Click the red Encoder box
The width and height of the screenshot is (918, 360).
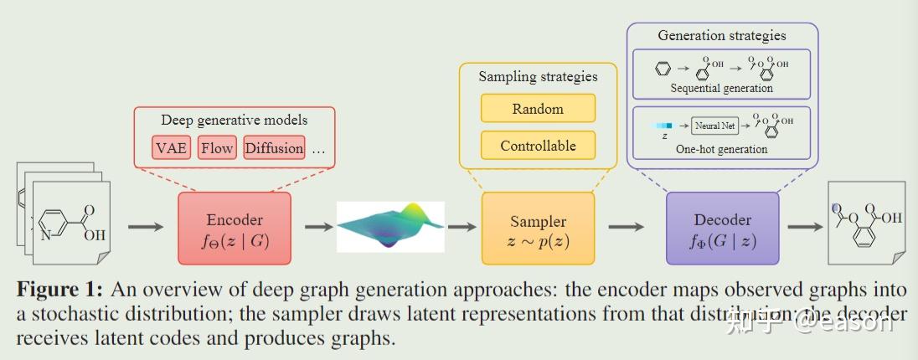pyautogui.click(x=235, y=229)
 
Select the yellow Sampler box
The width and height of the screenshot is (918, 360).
pyautogui.click(x=538, y=229)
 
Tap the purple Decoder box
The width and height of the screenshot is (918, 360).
pyautogui.click(x=722, y=229)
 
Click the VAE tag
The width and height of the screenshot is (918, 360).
pyautogui.click(x=172, y=148)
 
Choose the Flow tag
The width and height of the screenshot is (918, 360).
pyautogui.click(x=217, y=148)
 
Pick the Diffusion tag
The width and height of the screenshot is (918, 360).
pyautogui.click(x=274, y=148)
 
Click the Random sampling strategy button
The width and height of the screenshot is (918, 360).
pyautogui.click(x=538, y=109)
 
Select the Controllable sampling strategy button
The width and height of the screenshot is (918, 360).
pyautogui.click(x=538, y=146)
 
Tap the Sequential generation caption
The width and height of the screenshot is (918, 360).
pyautogui.click(x=721, y=88)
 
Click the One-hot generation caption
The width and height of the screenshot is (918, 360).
pyautogui.click(x=721, y=149)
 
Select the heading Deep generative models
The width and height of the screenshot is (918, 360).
pyautogui.click(x=234, y=120)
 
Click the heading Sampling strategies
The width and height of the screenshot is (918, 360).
pyautogui.click(x=538, y=76)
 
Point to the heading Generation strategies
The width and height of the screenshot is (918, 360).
pyautogui.click(x=721, y=35)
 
